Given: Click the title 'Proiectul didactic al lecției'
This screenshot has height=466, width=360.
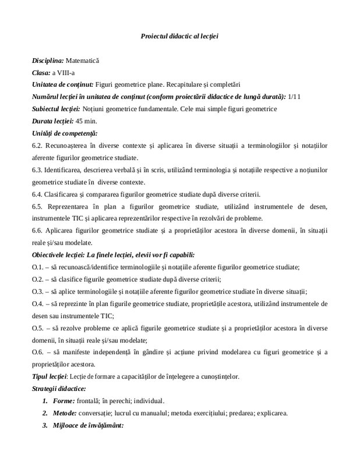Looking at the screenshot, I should click(x=179, y=36).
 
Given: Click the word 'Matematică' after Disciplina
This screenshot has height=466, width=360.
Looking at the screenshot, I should click(x=83, y=60).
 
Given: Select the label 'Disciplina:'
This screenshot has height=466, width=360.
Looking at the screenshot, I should click(x=48, y=60).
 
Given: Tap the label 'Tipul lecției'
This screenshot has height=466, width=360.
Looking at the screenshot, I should click(x=50, y=377).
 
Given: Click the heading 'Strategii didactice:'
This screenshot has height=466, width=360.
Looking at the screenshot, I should click(x=59, y=389).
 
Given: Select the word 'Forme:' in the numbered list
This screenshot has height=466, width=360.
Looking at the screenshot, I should click(x=65, y=401).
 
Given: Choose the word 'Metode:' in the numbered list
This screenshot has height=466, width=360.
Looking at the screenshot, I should click(x=67, y=414).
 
